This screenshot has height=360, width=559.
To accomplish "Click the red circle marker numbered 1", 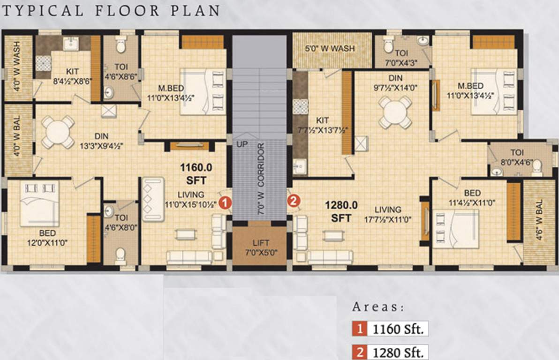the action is coord(225,203).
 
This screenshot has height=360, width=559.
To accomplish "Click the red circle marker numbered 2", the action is coord(294,201).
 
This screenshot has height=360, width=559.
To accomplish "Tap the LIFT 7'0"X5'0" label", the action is coord(261,247).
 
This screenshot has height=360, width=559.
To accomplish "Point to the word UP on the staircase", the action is coord(242,144).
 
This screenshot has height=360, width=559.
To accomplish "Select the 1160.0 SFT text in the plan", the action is coord(196,173).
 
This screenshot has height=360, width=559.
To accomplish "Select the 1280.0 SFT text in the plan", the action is coord(341,211).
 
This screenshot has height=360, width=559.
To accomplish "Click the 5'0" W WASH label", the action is coord(330,48).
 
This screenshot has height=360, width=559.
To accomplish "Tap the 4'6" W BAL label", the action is coord(539,219).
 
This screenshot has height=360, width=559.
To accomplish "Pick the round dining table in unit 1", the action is coord(58,132).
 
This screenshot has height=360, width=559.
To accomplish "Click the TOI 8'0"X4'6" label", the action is coord(517,157).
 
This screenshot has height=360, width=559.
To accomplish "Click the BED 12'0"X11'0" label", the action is coord(47,238).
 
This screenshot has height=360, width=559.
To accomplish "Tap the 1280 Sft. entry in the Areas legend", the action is coord(398,352).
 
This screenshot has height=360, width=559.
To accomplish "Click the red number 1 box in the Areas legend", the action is coord(360,329).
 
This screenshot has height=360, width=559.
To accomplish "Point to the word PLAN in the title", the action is coord(195,11).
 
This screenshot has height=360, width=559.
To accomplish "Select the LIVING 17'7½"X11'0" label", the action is coord(387,214).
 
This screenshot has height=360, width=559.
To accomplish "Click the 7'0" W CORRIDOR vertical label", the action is coord(261,179).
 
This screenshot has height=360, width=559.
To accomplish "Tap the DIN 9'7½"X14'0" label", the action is coord(395,82).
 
